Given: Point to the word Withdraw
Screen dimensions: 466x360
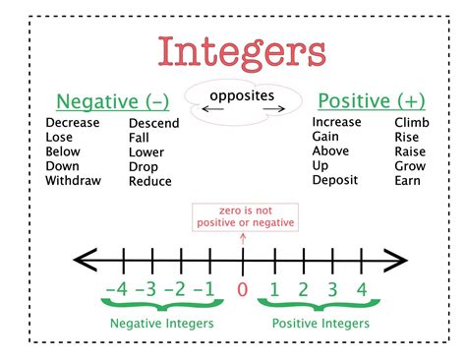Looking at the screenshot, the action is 76,181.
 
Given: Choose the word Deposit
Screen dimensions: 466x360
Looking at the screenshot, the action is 336,181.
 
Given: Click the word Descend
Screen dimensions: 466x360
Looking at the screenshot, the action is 153,123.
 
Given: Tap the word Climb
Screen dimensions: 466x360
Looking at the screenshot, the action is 411,122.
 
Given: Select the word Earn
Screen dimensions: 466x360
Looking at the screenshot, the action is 408,181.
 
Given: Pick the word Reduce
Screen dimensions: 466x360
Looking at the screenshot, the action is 150,181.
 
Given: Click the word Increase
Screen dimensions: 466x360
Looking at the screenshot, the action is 338,122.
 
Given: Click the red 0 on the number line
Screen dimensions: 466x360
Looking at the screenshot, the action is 243,290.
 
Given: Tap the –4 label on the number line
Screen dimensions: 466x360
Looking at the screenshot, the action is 116,290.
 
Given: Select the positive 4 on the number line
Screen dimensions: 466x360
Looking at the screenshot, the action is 362,290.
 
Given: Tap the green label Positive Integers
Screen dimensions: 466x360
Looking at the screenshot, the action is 321,324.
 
